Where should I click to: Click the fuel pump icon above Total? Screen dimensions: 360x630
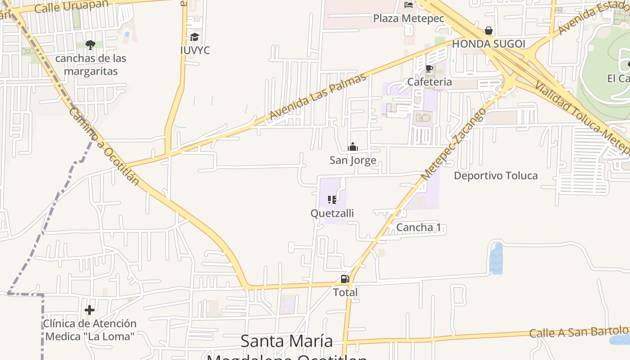[x=345, y=279]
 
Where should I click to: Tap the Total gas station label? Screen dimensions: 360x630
[x=345, y=292]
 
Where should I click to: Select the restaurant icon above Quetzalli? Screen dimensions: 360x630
[x=332, y=199]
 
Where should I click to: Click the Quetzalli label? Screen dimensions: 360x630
[x=332, y=213]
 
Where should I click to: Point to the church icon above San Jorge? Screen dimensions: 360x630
[x=352, y=147]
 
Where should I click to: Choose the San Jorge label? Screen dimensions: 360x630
[x=353, y=160]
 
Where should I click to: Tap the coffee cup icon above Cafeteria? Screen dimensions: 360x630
[x=429, y=68]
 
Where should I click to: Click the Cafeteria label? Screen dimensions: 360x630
[x=429, y=82]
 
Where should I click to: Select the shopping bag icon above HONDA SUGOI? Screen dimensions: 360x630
[x=488, y=31]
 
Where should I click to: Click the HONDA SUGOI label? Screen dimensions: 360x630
[x=488, y=44]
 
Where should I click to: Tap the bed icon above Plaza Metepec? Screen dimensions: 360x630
[x=409, y=5]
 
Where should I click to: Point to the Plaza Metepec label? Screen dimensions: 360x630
[x=409, y=18]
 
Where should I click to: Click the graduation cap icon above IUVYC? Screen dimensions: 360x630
[x=194, y=37]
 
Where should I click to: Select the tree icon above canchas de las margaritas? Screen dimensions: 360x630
[x=90, y=45]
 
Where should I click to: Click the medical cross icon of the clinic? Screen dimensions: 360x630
[x=90, y=310]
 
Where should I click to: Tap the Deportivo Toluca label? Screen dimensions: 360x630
[x=495, y=175]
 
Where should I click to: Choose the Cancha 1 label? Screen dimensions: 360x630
[x=418, y=227]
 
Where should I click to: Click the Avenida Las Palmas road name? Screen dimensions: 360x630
[x=318, y=97]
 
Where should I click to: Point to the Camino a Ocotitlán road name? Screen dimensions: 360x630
[x=103, y=146]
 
